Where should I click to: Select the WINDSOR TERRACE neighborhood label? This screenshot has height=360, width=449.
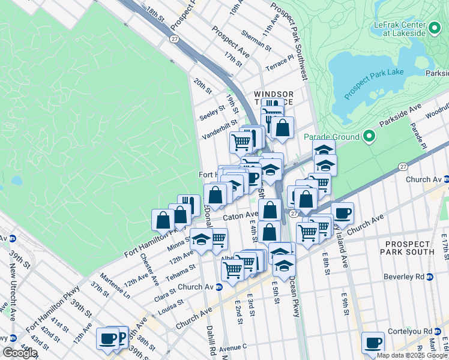pos(274,98)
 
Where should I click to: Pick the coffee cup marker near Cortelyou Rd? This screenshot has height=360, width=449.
pos(373,343)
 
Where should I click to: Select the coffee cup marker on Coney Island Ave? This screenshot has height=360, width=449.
pos(342,214)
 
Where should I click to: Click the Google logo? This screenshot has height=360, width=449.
pos(19,353)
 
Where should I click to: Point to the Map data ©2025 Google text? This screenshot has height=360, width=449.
pos(412,355)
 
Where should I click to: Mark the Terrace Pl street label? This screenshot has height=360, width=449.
pos(280,65)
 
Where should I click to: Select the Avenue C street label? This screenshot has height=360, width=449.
pos(233,347)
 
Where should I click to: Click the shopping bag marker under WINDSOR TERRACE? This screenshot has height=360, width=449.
pos(282,128)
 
